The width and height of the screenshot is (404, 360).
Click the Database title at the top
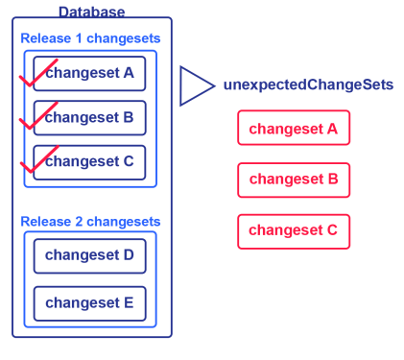pos(92,12)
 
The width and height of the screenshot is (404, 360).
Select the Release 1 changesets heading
pos(90,38)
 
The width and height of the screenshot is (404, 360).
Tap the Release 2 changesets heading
pos(90,222)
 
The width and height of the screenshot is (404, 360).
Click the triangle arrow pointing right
pos(181,85)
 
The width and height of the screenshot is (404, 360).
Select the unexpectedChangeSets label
pos(308,84)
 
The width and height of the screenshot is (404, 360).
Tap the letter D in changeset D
pos(129,255)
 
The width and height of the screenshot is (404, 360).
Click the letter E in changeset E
pos(129,302)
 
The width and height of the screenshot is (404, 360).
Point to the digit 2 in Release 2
pos(79,222)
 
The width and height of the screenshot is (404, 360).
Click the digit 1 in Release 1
pos(79,38)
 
